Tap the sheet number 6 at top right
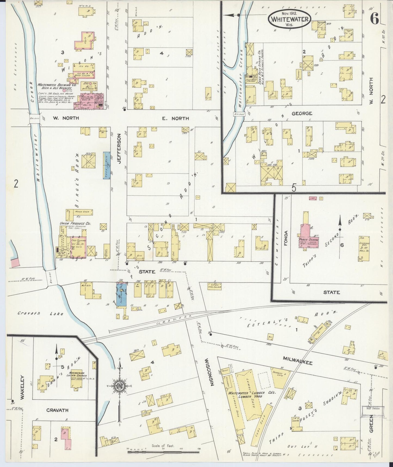coord(375,19)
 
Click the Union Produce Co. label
coord(75,223)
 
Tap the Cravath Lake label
coord(41,314)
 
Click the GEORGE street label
coord(302,113)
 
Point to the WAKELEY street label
coord(22,391)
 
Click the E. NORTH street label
coord(179,118)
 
